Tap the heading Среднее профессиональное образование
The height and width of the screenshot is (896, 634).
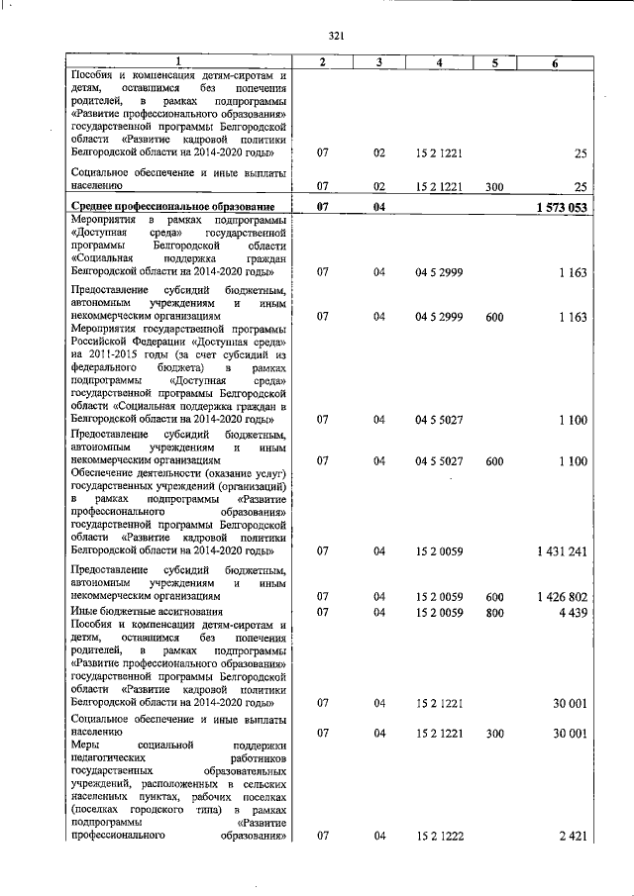tap(162, 206)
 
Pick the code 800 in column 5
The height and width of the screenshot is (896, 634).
tap(495, 612)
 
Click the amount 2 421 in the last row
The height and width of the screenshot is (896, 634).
tap(573, 837)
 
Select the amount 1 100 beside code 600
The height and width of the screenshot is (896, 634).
tap(573, 461)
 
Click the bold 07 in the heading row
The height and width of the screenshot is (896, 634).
tap(322, 206)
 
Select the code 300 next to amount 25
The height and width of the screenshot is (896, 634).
tap(495, 185)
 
